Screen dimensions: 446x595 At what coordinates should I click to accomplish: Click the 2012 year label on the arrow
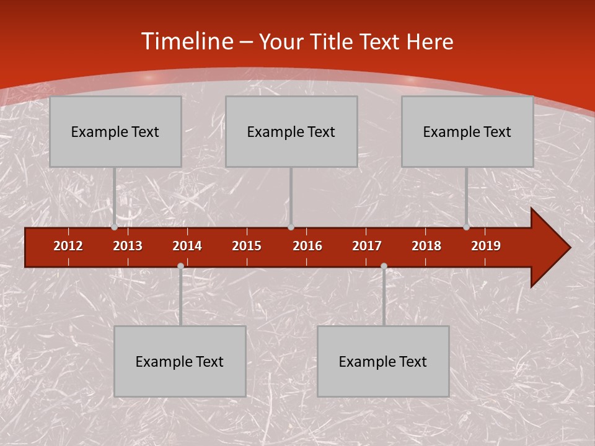point(68,246)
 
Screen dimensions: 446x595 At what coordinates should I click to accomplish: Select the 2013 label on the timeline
point(128,246)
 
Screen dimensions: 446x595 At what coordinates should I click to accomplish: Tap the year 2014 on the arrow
point(187,246)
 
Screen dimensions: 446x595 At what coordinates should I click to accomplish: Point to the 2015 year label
point(247,246)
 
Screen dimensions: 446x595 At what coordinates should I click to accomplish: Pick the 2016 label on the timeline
point(307,246)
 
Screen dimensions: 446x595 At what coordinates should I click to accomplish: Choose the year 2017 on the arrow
point(367,246)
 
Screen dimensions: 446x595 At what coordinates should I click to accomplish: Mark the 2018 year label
point(426,246)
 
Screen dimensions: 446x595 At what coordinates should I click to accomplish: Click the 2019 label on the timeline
point(486,246)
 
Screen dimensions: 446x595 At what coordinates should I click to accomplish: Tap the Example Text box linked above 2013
point(115,131)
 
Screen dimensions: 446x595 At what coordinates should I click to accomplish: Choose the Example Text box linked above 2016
point(291,131)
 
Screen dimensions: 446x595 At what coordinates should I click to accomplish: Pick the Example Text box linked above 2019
point(467,131)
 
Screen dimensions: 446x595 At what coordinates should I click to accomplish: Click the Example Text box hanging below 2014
point(180,361)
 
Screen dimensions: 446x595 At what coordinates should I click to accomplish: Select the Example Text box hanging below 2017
point(383,361)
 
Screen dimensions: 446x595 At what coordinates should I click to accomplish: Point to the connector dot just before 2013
point(114,227)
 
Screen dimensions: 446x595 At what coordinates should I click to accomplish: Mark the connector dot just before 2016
point(291,227)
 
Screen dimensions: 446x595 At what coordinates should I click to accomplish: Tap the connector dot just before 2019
point(466,227)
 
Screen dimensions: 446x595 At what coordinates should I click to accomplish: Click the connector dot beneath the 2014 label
point(180,266)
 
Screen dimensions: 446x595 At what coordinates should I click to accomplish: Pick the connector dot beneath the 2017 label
point(384,266)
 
